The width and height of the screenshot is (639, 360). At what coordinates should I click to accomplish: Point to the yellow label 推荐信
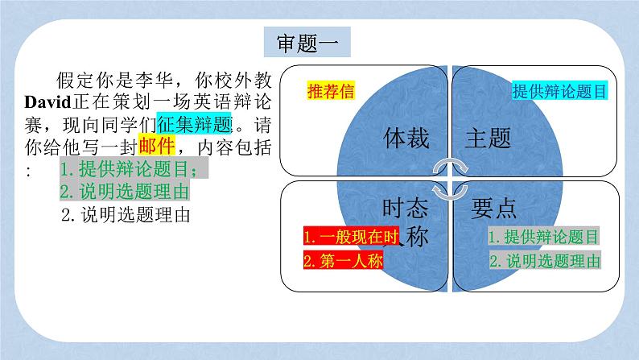[331, 90]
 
